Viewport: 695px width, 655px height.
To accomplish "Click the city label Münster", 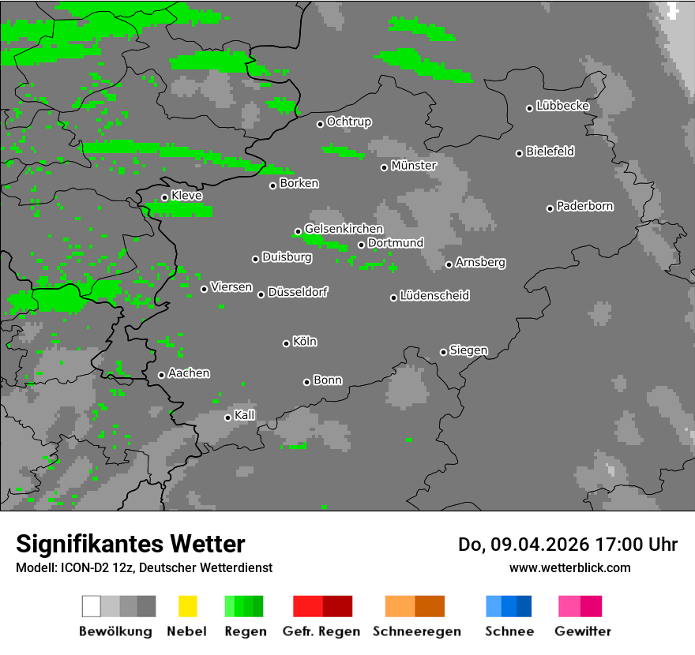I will click(414, 166).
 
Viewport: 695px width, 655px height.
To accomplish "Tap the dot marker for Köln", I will click(286, 342).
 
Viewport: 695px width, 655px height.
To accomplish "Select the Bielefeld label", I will click(550, 152).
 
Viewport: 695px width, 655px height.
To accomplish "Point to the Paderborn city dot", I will click(550, 208).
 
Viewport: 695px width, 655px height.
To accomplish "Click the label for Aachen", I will click(189, 373).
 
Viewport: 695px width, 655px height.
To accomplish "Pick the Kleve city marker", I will click(164, 197).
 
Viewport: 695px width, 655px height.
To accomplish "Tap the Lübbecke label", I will click(563, 106).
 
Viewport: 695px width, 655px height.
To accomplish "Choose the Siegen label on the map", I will click(468, 350).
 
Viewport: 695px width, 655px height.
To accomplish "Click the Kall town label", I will click(245, 415).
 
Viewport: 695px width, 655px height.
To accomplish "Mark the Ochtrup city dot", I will click(320, 123).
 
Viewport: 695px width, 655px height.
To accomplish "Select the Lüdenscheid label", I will click(434, 296).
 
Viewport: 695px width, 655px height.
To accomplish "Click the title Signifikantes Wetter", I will click(130, 544).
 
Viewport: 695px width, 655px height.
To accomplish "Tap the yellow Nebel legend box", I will click(187, 606).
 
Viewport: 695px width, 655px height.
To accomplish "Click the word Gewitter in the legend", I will click(582, 631).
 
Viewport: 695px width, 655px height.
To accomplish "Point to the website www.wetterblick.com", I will click(569, 567).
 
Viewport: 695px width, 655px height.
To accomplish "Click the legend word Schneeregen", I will click(417, 631).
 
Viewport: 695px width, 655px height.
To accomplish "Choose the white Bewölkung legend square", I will click(91, 606).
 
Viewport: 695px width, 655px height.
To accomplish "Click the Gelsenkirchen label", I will click(344, 229).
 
